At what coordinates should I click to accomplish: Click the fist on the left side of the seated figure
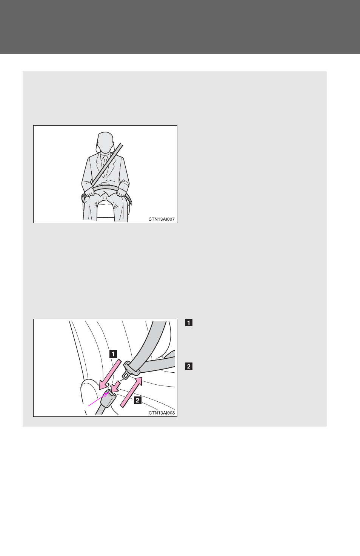click(89, 192)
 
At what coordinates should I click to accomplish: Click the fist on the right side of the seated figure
click(122, 193)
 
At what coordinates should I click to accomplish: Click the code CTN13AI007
click(162, 219)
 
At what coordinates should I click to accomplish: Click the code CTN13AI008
click(162, 413)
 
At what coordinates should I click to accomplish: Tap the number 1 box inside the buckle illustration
click(113, 354)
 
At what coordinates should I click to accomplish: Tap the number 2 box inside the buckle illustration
click(137, 400)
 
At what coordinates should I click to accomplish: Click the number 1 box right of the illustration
click(189, 323)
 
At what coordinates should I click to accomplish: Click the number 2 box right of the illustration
click(189, 366)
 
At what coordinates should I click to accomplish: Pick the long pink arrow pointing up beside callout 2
click(132, 392)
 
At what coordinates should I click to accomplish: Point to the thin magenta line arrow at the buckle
click(98, 399)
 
